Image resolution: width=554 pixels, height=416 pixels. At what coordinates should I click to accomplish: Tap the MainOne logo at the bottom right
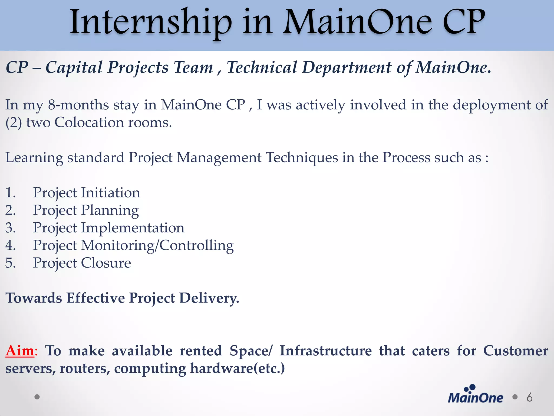[475, 394]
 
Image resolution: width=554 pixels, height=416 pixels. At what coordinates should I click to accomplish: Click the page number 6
[529, 397]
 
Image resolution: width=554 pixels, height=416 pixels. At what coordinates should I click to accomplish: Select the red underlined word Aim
[20, 351]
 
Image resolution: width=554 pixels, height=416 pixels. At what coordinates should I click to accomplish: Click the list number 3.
[10, 228]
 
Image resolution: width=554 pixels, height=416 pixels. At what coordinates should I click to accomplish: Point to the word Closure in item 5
[106, 263]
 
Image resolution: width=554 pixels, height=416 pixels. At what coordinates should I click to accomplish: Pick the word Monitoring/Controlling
[157, 245]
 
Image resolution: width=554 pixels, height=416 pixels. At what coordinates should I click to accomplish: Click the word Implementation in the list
[133, 228]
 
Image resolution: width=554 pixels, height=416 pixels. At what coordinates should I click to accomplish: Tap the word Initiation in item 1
[111, 193]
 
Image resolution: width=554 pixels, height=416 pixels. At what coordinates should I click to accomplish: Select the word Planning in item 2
[110, 210]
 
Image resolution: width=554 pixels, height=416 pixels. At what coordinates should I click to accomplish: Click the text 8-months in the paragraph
[78, 105]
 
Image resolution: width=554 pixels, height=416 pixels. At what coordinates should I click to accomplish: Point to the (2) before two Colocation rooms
[14, 123]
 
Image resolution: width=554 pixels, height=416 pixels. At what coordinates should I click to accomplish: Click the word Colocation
[89, 122]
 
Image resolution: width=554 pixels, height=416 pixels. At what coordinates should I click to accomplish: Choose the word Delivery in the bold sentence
[209, 298]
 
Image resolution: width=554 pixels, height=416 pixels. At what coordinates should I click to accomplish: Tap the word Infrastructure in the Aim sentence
[326, 351]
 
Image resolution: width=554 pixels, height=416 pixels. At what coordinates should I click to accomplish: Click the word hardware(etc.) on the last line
[237, 368]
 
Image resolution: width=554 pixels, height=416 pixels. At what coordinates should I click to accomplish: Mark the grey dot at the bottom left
[37, 397]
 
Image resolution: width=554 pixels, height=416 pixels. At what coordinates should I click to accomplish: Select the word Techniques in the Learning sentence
[302, 158]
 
